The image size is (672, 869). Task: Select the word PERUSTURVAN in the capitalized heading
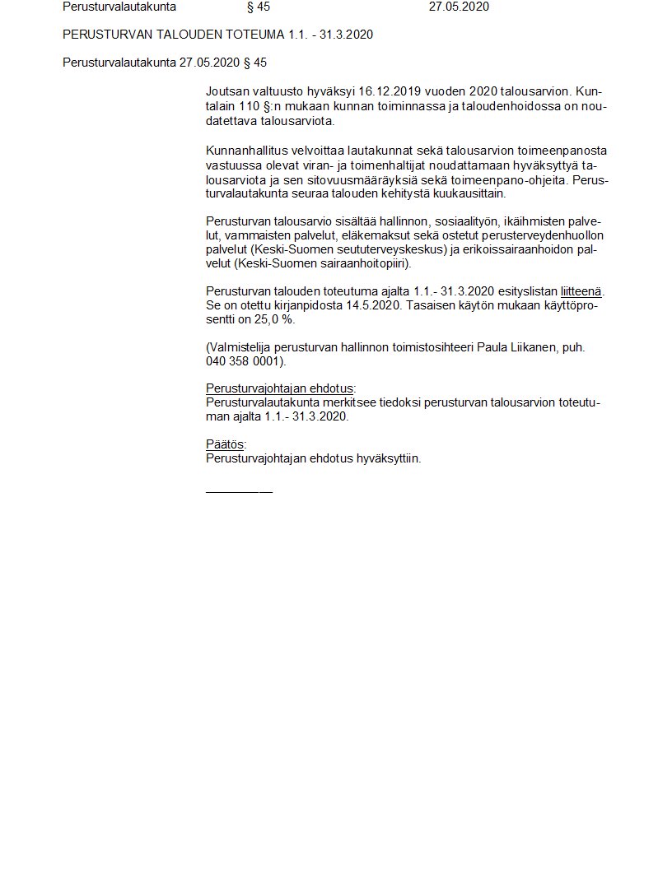[x=97, y=35]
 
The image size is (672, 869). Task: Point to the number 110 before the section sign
[x=250, y=106]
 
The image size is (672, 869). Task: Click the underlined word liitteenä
[x=581, y=291]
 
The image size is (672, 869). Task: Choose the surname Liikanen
[x=535, y=347]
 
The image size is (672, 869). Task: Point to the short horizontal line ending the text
[x=239, y=491]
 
